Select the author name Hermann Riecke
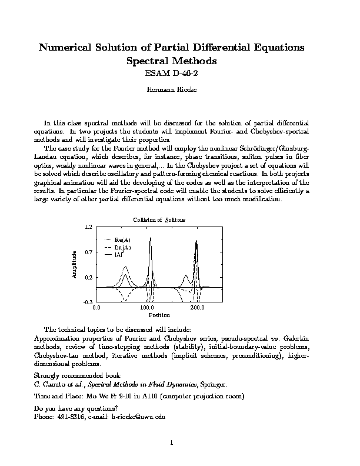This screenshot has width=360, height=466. click(x=179, y=91)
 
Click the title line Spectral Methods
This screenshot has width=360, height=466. click(x=179, y=61)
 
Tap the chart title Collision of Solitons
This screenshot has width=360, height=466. click(x=159, y=219)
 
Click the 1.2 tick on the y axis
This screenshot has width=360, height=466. click(x=88, y=227)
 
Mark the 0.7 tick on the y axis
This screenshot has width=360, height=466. click(x=88, y=252)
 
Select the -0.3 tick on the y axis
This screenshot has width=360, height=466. click(x=88, y=302)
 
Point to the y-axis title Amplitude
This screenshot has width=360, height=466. click(x=75, y=264)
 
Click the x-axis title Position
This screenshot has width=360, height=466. click(x=159, y=315)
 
